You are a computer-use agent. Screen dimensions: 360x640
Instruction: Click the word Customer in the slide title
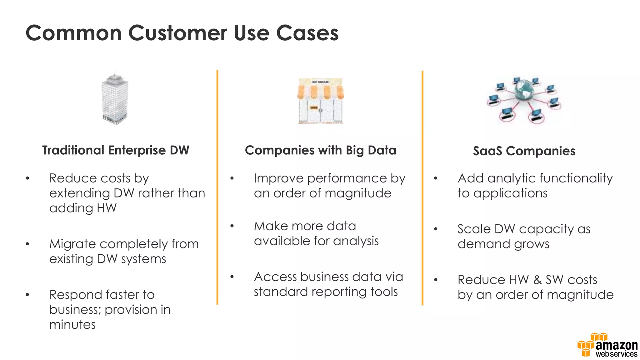[177, 33]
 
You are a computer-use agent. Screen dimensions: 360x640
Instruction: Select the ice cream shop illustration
[320, 101]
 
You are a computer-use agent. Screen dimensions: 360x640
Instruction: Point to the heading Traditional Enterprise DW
[116, 150]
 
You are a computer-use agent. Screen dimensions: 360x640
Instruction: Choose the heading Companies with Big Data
[320, 150]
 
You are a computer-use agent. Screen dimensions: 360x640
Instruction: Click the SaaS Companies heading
[524, 151]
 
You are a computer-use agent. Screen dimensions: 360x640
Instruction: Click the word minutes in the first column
[72, 324]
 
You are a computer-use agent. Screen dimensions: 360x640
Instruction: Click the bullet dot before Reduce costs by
[27, 178]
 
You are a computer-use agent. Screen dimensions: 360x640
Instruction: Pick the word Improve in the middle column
[278, 178]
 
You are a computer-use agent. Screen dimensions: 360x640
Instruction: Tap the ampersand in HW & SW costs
[537, 280]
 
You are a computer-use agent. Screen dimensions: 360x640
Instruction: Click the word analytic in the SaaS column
[511, 178]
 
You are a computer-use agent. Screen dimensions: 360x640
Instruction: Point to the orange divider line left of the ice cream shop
[217, 187]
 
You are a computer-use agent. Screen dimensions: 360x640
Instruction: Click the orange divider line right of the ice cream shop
[422, 187]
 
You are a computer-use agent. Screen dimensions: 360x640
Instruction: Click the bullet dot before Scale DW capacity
[436, 229]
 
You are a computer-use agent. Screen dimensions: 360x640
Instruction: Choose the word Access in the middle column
[275, 277]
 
